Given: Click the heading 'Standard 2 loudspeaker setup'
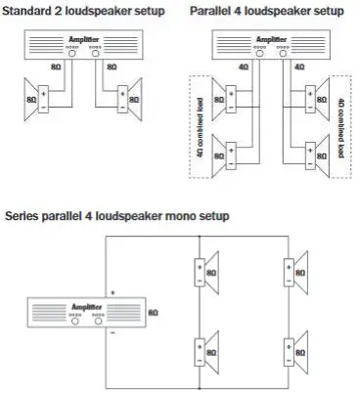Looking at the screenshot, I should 79,12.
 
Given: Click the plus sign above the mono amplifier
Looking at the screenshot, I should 114,290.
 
